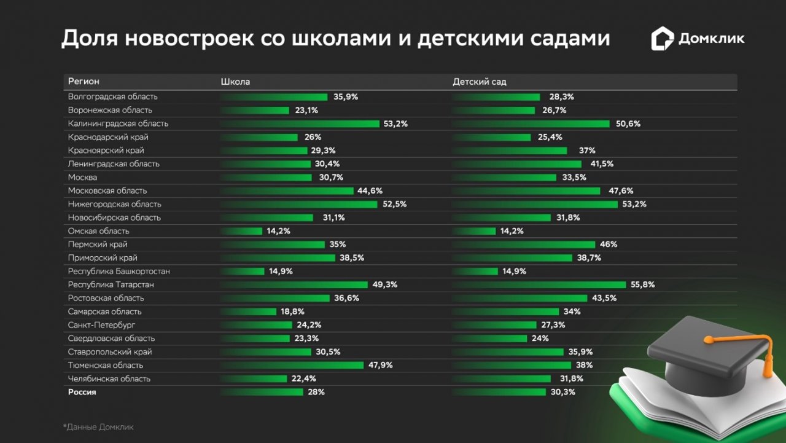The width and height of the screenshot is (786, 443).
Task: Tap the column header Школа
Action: pyautogui.click(x=235, y=82)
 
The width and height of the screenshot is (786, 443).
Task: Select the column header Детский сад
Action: pyautogui.click(x=479, y=82)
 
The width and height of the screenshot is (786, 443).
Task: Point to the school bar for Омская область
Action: pyautogui.click(x=241, y=231)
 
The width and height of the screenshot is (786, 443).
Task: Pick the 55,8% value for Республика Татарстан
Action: pyautogui.click(x=642, y=284)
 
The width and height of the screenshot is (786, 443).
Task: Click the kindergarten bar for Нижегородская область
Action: pyautogui.click(x=535, y=204)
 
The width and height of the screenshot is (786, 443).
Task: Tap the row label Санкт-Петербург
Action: pyautogui.click(x=101, y=324)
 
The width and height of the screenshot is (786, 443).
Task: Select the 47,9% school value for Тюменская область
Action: pyautogui.click(x=380, y=365)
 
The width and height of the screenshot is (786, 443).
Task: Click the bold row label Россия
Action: pyautogui.click(x=82, y=392)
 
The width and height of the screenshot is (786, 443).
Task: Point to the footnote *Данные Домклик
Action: pyautogui.click(x=98, y=426)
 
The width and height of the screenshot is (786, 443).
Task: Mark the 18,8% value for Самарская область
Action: pyautogui.click(x=293, y=312)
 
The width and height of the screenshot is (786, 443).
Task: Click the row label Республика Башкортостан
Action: pyautogui.click(x=119, y=271)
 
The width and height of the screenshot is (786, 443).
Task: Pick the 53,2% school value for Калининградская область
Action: pyautogui.click(x=395, y=123)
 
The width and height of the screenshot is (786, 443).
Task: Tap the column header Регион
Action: pyautogui.click(x=84, y=82)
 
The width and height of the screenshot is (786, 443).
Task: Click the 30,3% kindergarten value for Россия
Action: pyautogui.click(x=562, y=392)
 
